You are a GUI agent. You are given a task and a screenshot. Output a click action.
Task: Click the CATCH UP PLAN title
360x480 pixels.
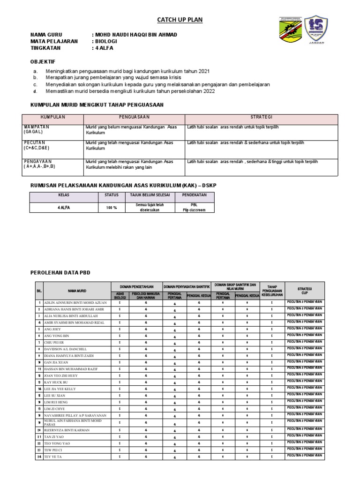[x=180, y=20]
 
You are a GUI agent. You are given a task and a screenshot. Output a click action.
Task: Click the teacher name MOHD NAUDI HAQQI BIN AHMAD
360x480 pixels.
[x=135, y=35]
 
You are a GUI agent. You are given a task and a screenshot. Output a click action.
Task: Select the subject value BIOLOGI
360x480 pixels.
[x=107, y=41]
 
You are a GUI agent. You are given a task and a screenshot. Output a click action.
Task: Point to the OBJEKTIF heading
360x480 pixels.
[x=43, y=61]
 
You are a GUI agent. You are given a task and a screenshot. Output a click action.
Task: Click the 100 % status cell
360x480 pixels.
[x=111, y=207]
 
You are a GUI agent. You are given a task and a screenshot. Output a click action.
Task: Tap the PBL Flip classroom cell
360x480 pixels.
[x=194, y=207]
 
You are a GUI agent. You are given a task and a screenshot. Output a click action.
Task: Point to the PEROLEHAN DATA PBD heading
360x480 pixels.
[x=60, y=272]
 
